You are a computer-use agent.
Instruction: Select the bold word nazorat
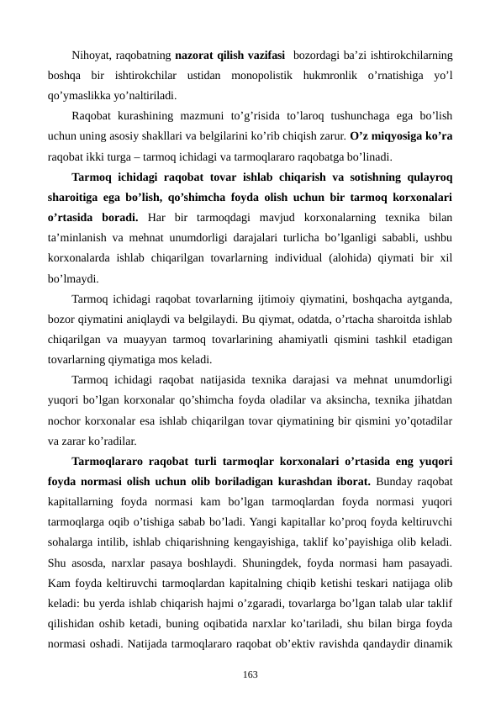[x=195, y=55]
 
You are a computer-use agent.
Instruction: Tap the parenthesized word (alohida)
[x=356, y=257]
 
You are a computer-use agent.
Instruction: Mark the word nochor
[x=66, y=420]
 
